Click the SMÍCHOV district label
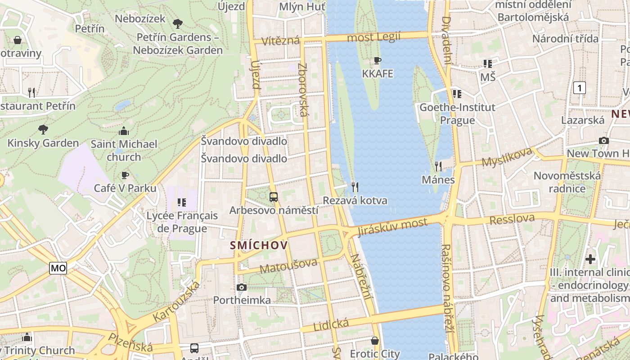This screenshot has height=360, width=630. point(258,245)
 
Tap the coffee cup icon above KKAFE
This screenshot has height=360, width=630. point(378,60)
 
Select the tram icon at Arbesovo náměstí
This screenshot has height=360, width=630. point(273,197)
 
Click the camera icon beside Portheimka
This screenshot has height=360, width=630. point(242,287)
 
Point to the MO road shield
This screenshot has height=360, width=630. point(58,269)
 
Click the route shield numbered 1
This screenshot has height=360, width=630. point(580,88)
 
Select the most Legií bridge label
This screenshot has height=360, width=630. point(373,37)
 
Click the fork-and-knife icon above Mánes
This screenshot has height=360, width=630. point(438,166)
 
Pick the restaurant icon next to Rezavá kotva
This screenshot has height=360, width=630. point(355,187)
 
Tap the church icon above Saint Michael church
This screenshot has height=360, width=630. point(124,131)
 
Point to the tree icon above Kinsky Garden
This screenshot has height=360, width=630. point(43,130)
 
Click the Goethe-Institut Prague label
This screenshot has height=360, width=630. point(457,114)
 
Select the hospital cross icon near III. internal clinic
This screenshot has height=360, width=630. point(590,259)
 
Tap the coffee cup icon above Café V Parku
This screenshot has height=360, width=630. point(125,175)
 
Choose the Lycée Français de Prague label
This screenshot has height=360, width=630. point(182,222)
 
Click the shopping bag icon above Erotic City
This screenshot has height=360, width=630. point(375,341)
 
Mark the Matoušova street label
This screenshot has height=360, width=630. point(288,265)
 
